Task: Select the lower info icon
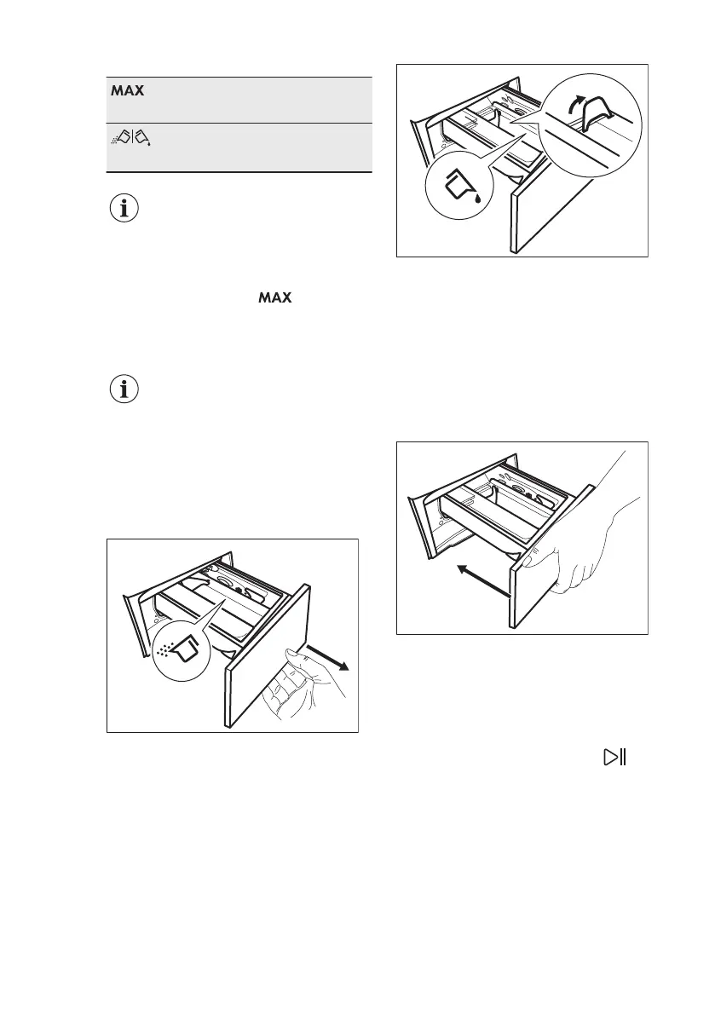[125, 389]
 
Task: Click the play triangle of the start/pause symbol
[609, 757]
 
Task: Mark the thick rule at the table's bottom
[239, 172]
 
